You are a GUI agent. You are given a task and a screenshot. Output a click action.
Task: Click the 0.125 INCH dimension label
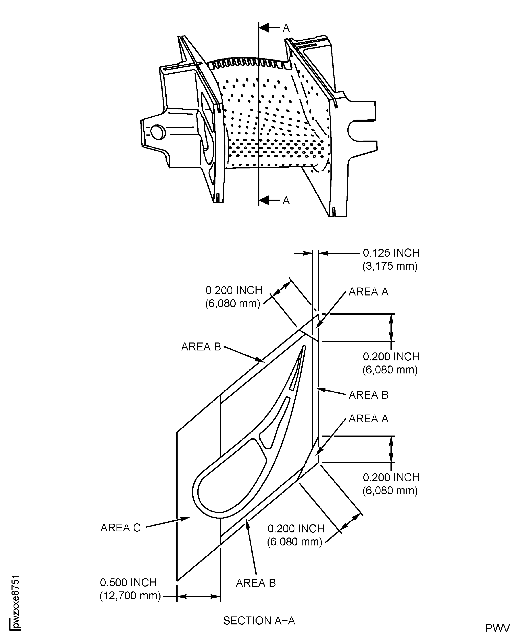click(x=391, y=253)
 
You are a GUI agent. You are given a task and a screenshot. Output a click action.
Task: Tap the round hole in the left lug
click(x=158, y=132)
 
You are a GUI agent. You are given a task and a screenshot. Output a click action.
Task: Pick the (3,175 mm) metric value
click(x=390, y=266)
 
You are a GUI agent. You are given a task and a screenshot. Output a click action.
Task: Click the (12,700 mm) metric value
click(x=130, y=596)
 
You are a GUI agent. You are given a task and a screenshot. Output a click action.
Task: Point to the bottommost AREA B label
click(x=256, y=583)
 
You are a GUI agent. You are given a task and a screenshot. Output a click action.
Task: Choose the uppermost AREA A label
click(x=369, y=292)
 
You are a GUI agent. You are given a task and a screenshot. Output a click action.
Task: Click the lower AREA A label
click(x=369, y=419)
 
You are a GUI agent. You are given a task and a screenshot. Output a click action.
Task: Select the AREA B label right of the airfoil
click(x=369, y=395)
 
